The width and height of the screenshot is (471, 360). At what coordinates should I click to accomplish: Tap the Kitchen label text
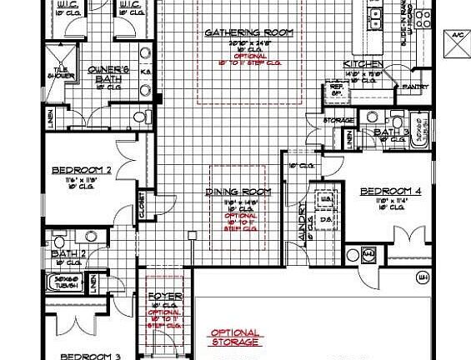click(363, 65)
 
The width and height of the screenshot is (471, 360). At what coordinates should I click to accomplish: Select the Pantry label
click(414, 87)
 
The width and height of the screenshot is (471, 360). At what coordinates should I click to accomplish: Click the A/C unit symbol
click(458, 47)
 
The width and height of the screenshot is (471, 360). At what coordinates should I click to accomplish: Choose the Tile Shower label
click(65, 73)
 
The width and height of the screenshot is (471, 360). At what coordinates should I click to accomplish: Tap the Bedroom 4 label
click(391, 192)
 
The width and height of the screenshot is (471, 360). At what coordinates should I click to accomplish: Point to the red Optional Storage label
click(235, 337)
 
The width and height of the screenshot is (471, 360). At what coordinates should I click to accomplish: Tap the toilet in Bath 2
click(59, 238)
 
